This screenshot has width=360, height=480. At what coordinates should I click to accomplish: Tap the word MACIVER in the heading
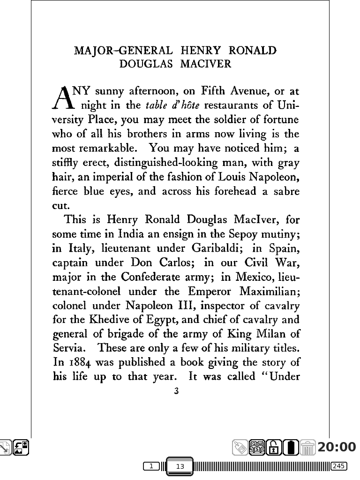(206, 64)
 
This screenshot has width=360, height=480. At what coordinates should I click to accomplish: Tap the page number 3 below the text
(176, 391)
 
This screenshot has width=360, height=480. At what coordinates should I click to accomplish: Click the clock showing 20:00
(337, 447)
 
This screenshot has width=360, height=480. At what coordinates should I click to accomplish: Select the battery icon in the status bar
(292, 448)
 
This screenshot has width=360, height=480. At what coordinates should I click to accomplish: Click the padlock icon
(276, 448)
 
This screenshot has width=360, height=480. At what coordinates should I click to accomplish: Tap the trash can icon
(307, 448)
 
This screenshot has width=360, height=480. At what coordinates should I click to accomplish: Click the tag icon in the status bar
(240, 448)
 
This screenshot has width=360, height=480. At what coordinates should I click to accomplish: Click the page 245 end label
(338, 466)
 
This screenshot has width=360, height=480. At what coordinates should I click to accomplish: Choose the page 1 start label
(151, 466)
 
